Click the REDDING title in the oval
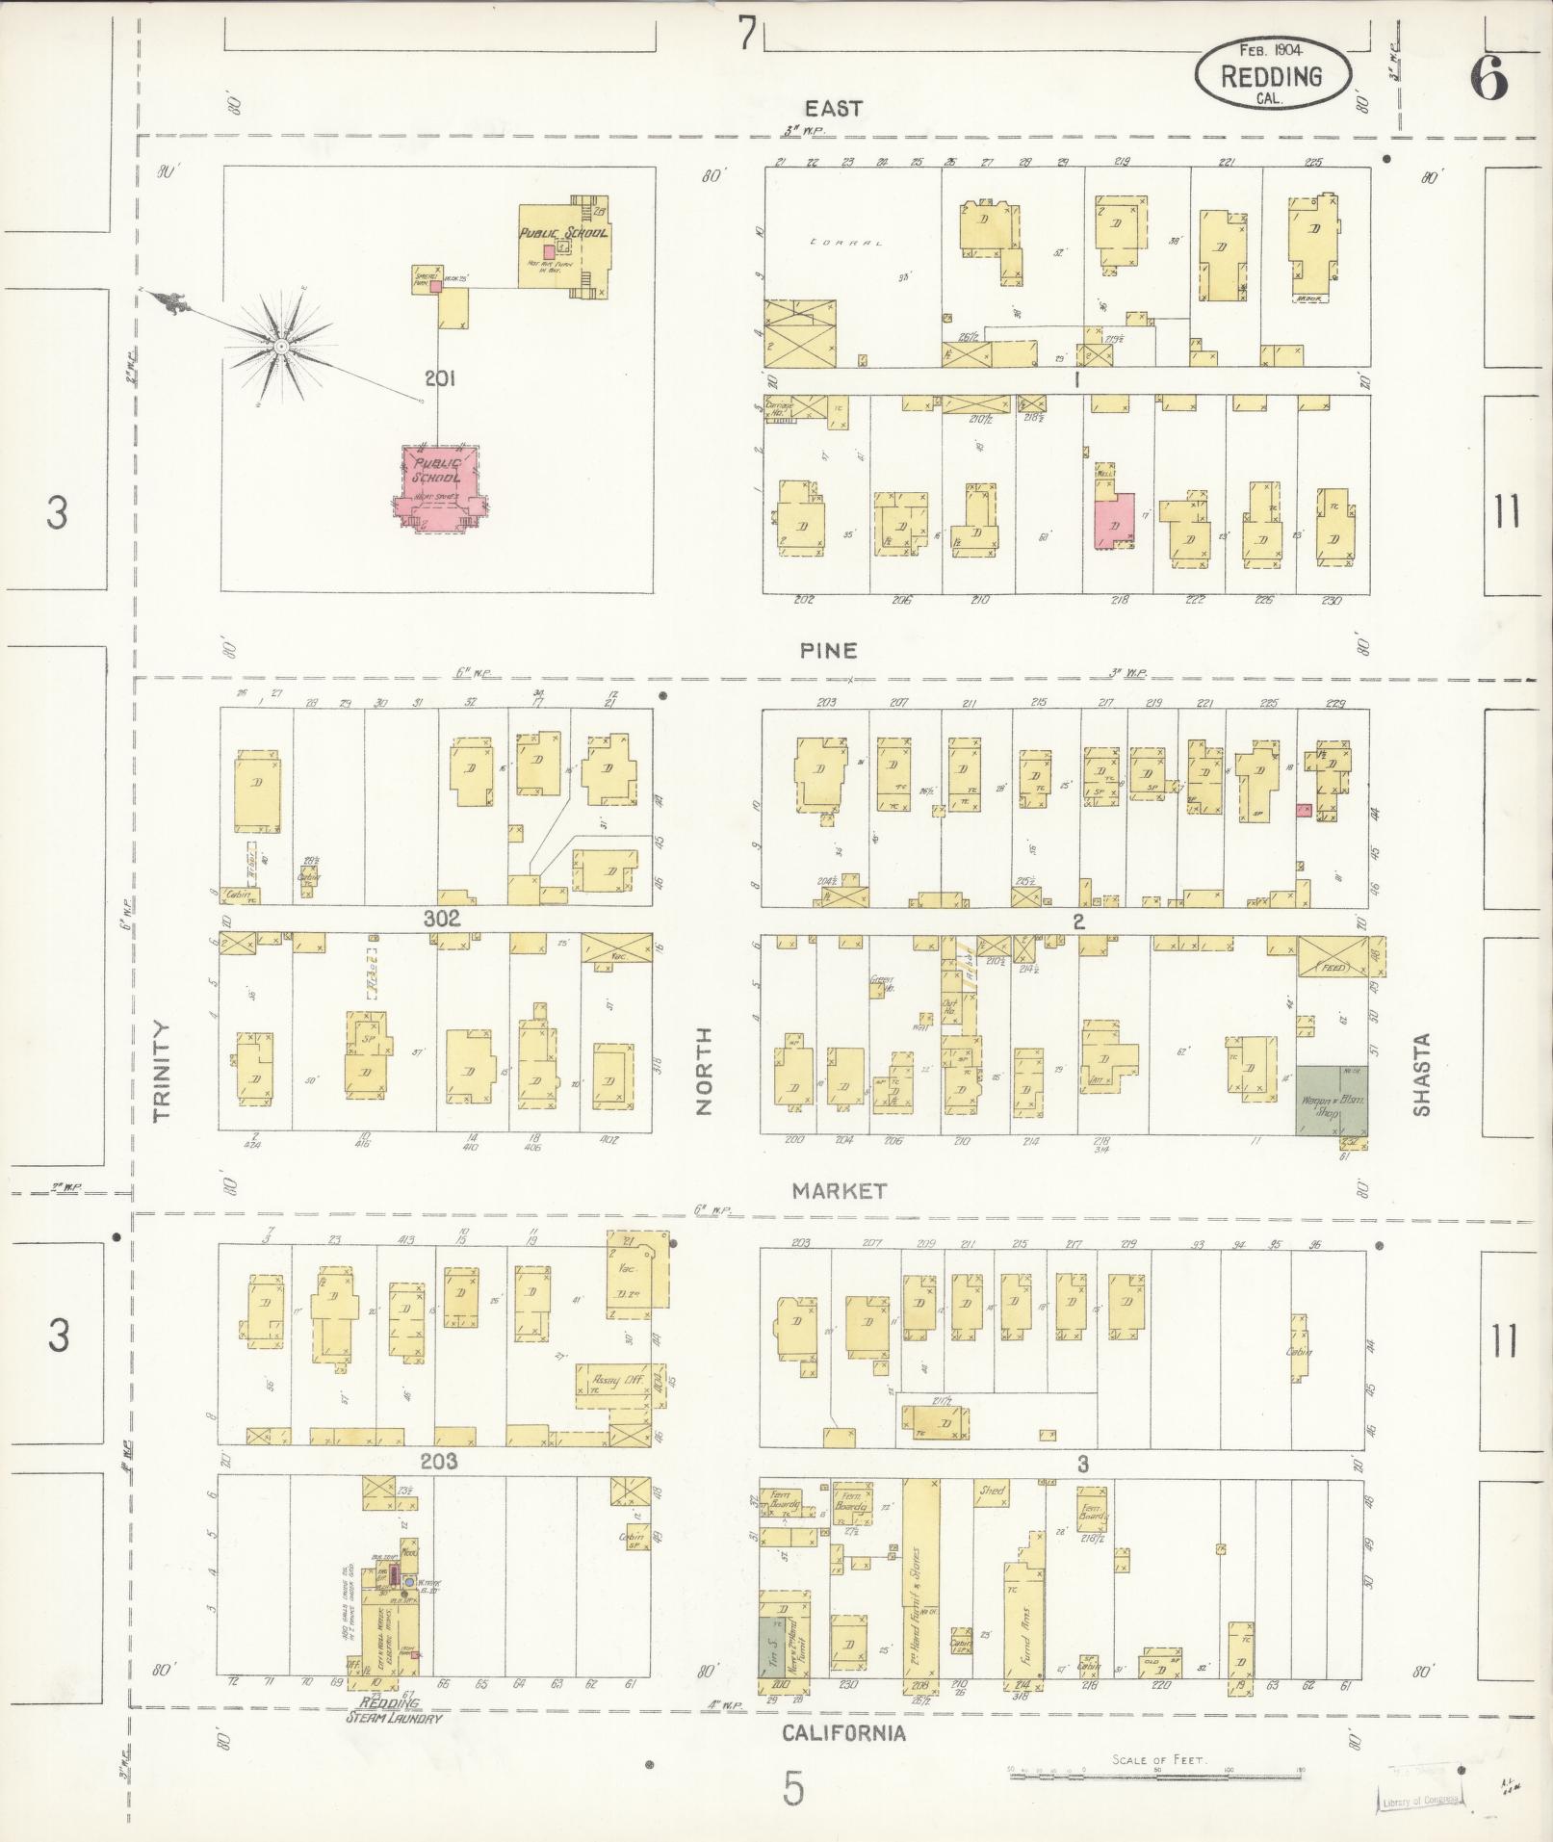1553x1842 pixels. tap(1271, 76)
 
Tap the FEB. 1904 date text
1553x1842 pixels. tap(1273, 49)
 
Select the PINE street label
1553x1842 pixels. tap(828, 650)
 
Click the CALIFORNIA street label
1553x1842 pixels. tap(843, 1733)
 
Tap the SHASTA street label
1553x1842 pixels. tap(1421, 1075)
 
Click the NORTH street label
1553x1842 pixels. tap(704, 1072)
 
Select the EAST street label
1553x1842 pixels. tap(835, 109)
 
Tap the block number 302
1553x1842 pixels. tap(442, 919)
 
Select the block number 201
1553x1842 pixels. tap(439, 379)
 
